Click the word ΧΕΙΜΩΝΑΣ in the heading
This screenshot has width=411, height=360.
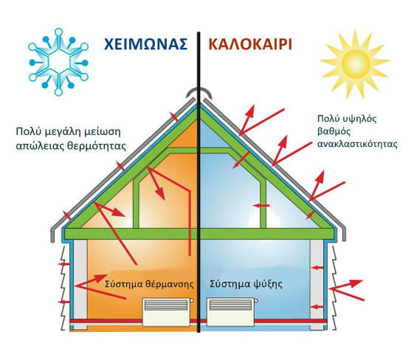[146, 44]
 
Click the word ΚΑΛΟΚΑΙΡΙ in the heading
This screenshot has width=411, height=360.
[250, 44]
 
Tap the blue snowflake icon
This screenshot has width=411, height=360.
[58, 62]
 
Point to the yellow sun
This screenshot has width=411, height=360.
[355, 63]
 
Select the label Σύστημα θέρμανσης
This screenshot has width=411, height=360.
[149, 284]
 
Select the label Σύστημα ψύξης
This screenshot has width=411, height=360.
[246, 284]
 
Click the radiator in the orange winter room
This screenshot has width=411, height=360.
[167, 312]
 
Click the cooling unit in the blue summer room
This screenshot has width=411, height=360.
[232, 312]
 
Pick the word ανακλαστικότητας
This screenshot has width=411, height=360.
[357, 144]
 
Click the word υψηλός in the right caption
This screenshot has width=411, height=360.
[359, 120]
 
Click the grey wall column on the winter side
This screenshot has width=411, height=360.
[80, 284]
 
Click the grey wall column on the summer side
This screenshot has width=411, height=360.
[317, 284]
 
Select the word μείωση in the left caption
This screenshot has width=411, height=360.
[103, 132]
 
